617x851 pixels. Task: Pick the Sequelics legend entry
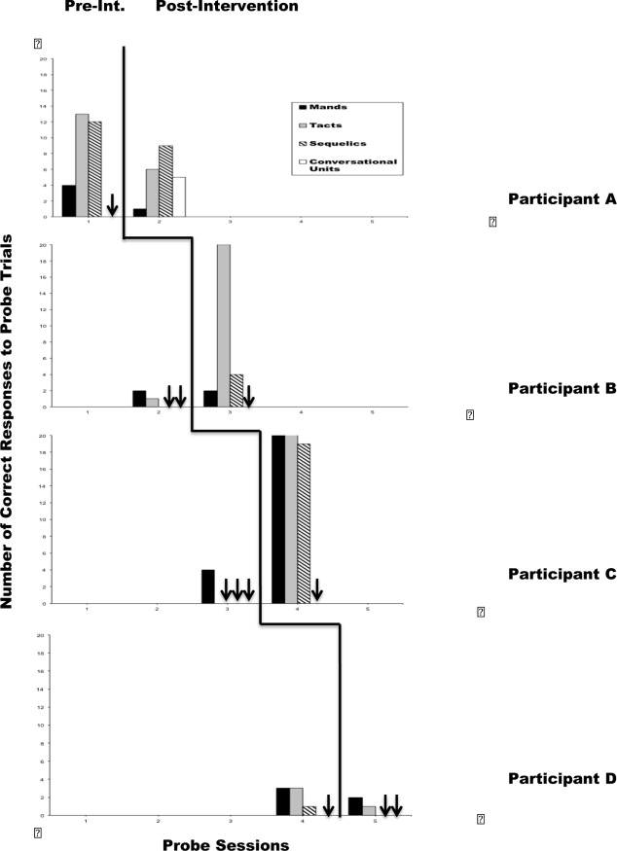coord(332,142)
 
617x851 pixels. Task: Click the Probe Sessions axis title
coord(226,845)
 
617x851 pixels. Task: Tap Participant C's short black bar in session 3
coord(207,586)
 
